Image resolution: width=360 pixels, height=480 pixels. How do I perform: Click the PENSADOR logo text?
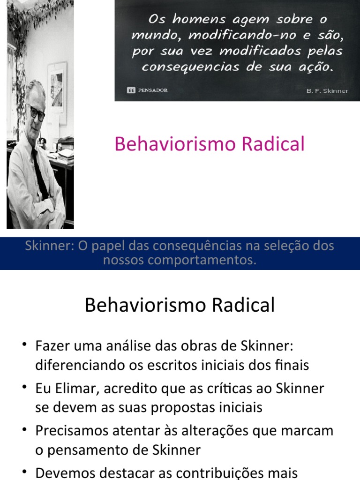[152, 90]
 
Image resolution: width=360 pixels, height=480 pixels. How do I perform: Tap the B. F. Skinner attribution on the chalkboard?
[327, 90]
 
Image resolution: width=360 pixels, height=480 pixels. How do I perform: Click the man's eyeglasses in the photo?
[36, 113]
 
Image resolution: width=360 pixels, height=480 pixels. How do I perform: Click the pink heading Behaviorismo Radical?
[210, 144]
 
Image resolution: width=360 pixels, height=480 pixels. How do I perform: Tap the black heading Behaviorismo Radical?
[180, 305]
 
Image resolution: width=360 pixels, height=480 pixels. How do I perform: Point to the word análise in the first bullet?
[134, 346]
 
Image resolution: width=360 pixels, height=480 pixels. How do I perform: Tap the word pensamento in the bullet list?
[93, 450]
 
